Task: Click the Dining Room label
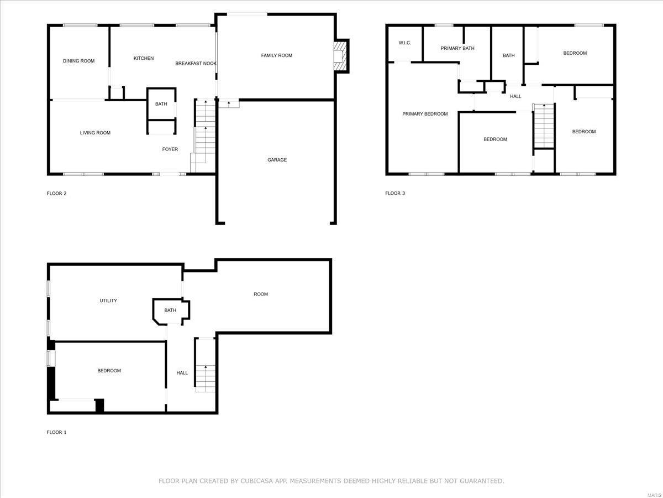coord(78,61)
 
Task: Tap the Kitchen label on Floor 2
coord(144,58)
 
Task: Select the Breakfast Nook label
coord(196,64)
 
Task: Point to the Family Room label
coord(277,55)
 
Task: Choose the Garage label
coord(277,160)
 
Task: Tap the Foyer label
coord(170,149)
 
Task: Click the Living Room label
coord(95,133)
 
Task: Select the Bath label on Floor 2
coord(161,104)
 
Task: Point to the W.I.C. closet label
coord(405,43)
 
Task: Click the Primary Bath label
coord(457,49)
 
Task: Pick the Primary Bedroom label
coord(425,114)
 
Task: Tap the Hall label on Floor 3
coord(515,96)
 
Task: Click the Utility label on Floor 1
coord(108,300)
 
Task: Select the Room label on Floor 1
coord(261,294)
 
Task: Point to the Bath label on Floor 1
coord(170,310)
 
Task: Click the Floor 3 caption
coord(395,193)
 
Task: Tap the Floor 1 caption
coord(56,432)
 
